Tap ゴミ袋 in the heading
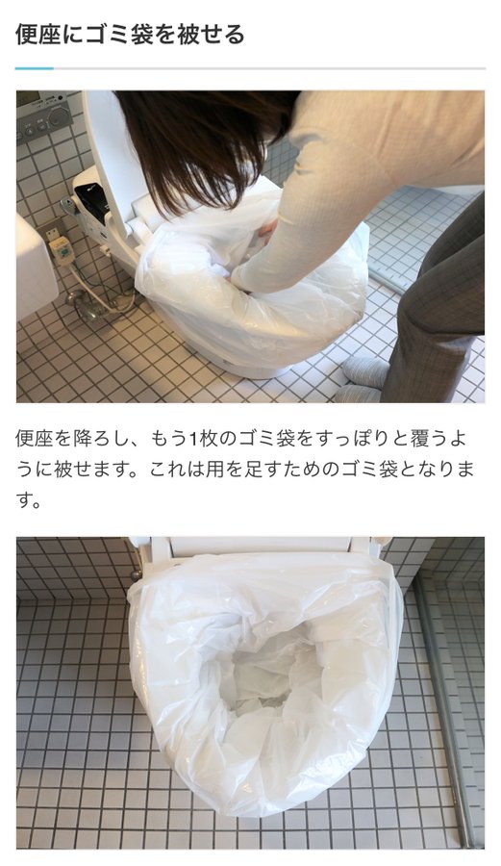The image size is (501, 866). (112, 35)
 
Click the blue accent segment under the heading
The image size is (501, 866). (35, 68)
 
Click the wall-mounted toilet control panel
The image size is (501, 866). (43, 116)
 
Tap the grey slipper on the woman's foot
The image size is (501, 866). (364, 372)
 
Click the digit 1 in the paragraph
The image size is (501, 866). (192, 439)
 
